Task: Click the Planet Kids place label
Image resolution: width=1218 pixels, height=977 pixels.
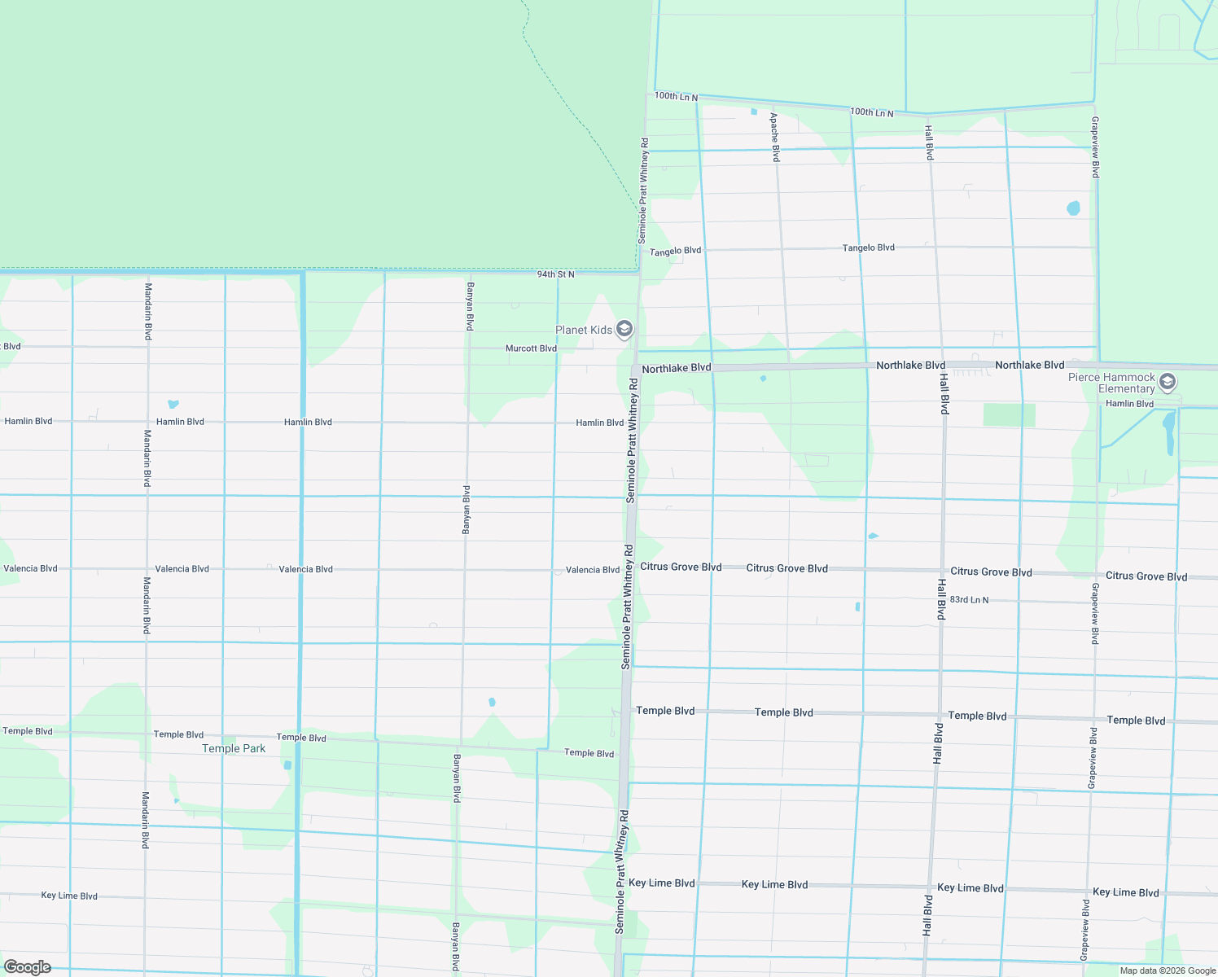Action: [x=583, y=330]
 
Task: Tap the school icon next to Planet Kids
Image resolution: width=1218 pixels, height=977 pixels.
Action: [x=624, y=329]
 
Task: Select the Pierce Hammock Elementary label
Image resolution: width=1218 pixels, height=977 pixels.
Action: [x=1111, y=383]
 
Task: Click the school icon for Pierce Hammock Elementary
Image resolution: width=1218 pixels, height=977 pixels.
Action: [x=1167, y=382]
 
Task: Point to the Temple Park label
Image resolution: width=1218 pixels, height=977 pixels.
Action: [x=234, y=748]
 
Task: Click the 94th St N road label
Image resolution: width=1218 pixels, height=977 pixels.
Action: [x=555, y=274]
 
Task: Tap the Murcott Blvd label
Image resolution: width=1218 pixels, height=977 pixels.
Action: [x=531, y=348]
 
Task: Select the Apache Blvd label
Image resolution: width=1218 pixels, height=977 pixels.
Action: [x=775, y=137]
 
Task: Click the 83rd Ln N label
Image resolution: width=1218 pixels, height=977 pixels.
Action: [x=969, y=600]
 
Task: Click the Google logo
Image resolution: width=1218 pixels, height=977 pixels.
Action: [x=28, y=967]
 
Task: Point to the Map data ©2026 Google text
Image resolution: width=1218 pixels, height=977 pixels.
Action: [x=1168, y=970]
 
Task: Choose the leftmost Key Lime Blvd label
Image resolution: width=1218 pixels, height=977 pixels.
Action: [x=69, y=896]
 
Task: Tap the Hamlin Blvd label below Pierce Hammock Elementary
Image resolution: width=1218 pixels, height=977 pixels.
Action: [x=1129, y=404]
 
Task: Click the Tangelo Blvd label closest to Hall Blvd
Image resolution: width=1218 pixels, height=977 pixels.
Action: [x=868, y=248]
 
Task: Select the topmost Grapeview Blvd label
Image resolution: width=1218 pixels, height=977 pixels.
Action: [x=1095, y=147]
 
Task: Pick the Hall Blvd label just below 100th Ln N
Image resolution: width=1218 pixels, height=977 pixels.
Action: [x=929, y=142]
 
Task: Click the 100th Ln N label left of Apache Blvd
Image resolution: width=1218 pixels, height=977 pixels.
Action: [x=676, y=97]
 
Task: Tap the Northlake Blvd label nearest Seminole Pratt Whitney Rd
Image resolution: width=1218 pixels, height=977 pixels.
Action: [x=676, y=369]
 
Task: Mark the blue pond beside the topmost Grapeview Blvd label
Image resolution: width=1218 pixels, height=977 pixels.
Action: [x=1073, y=208]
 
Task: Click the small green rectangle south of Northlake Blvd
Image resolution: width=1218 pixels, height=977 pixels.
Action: [x=1009, y=414]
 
